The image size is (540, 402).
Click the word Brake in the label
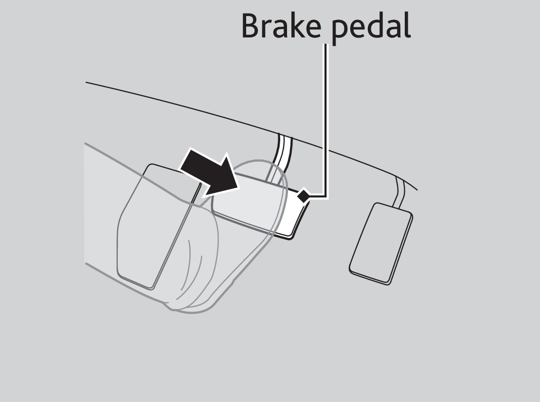pos(281,26)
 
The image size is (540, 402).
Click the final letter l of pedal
pos(406,25)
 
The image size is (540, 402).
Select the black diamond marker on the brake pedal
pos(303,196)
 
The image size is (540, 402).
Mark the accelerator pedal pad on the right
pos(380,243)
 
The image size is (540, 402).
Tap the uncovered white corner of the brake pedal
pos(297,214)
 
